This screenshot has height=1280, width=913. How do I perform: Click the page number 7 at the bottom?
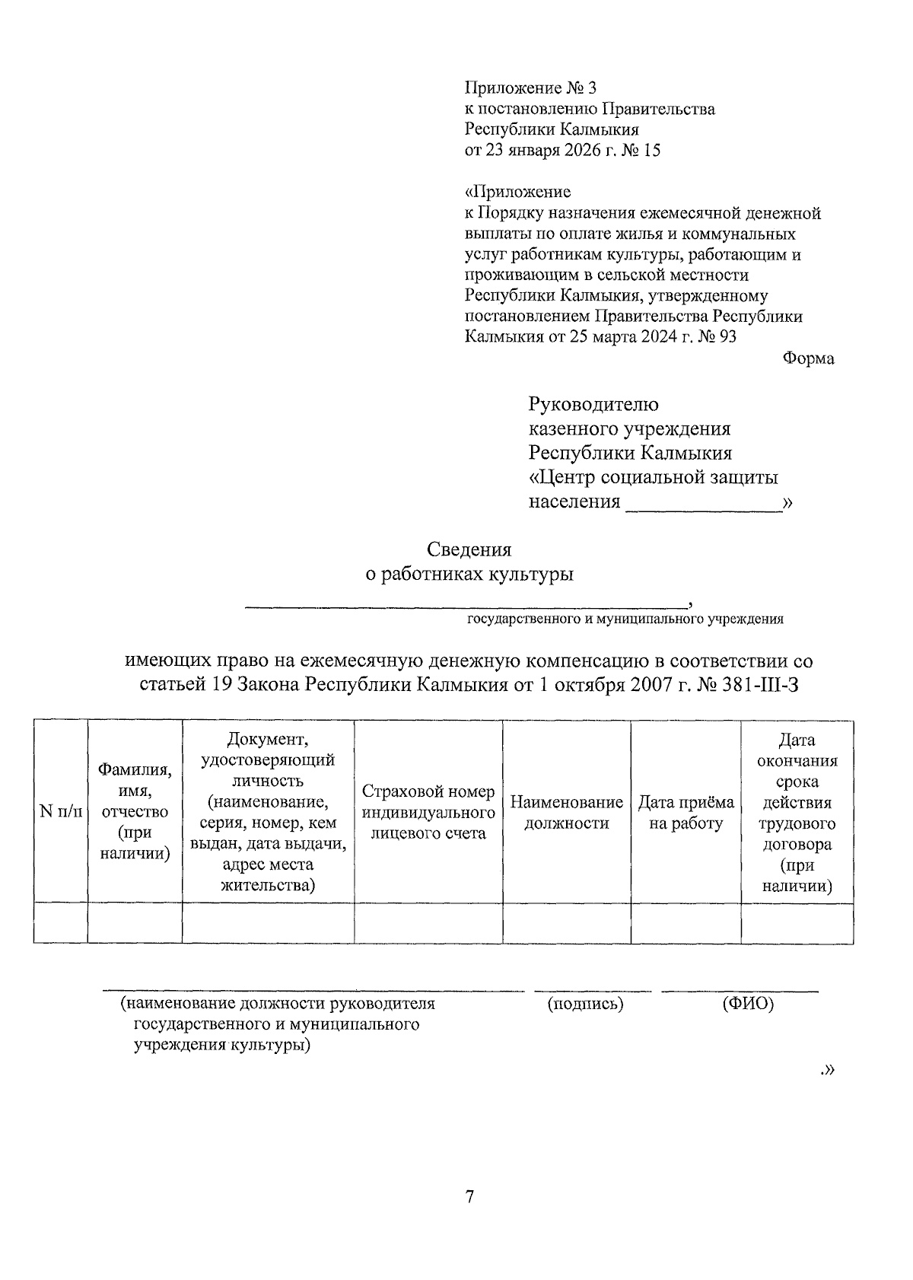[469, 1197]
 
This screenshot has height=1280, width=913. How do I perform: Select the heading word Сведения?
[469, 549]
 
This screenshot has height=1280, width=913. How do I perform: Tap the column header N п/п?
[60, 812]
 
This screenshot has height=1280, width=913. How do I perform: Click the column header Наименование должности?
[566, 812]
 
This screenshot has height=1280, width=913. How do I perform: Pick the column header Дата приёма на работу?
[686, 812]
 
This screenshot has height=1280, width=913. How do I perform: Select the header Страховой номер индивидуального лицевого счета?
[428, 812]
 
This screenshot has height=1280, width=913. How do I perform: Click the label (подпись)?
[585, 1004]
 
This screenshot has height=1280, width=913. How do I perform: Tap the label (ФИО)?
[747, 1004]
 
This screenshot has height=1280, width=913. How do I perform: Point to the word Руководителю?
[593, 404]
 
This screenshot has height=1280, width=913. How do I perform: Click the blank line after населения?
[703, 504]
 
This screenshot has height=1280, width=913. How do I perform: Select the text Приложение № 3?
[526, 88]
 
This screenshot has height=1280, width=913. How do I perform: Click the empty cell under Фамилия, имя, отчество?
[135, 922]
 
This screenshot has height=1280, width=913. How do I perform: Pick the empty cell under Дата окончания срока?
[797, 922]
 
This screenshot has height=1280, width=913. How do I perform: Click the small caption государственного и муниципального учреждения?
[625, 619]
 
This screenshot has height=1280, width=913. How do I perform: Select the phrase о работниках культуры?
[469, 575]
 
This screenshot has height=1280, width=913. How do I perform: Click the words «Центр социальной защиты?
[653, 478]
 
